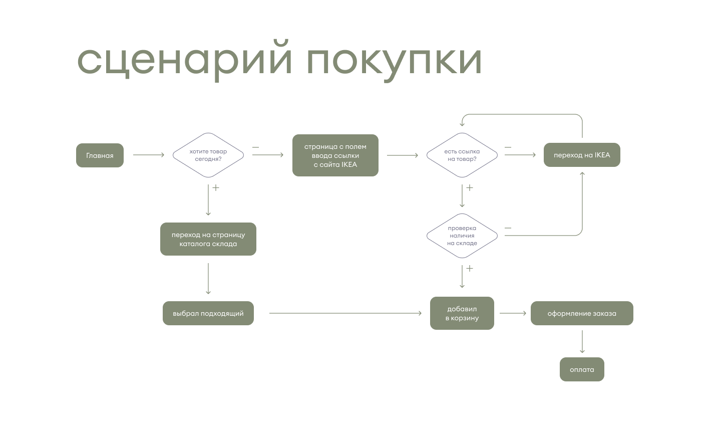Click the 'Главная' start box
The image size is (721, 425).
point(100,155)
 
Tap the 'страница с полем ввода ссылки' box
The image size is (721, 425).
point(335,155)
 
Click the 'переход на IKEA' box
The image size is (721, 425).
point(582,155)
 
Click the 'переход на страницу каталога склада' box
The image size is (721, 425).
point(208,239)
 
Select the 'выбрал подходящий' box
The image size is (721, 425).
point(208,313)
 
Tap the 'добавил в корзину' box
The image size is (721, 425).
point(462,313)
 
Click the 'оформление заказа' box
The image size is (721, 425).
point(582,313)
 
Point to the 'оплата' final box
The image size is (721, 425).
point(582,369)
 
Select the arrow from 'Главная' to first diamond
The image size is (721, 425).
point(149,155)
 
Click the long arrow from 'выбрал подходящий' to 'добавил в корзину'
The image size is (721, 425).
point(345,313)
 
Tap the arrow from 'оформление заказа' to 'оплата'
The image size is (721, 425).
point(582,341)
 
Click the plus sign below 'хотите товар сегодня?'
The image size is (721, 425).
point(216,187)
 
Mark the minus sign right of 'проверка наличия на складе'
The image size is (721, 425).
point(508,228)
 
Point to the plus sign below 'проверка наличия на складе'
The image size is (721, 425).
point(470,269)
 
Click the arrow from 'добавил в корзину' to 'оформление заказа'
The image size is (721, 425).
point(513,313)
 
